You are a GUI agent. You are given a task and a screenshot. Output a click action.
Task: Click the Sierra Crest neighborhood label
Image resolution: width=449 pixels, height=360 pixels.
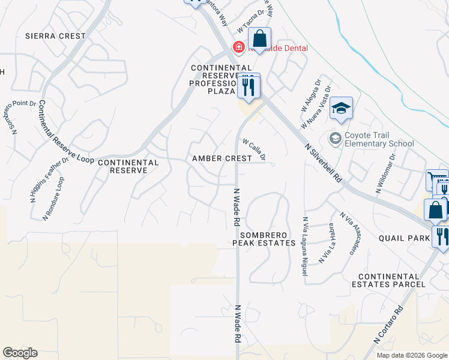click(55, 36)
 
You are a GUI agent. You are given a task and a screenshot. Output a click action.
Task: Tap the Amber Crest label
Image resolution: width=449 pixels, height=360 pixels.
click(221, 158)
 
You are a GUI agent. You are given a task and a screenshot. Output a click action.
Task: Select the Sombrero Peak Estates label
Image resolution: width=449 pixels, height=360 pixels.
click(264, 238)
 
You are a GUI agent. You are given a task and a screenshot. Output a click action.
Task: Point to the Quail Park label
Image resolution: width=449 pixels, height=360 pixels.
click(405, 238)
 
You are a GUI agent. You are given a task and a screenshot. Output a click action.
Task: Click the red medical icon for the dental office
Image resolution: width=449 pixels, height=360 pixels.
click(238, 47)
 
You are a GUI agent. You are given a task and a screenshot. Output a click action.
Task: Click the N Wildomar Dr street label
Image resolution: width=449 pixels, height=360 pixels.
click(386, 173)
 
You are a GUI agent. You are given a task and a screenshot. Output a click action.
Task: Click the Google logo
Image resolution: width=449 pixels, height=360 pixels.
click(20, 353)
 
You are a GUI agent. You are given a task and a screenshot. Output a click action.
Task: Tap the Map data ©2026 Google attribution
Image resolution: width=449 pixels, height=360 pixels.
click(411, 355)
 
